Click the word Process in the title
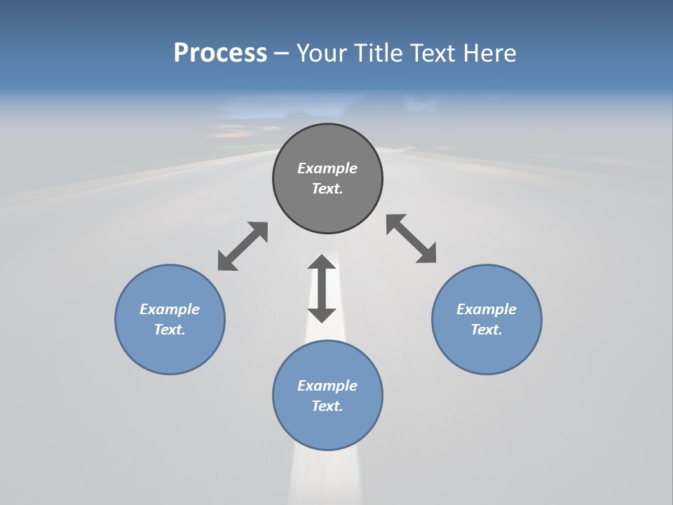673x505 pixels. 220,53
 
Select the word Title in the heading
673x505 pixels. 381,53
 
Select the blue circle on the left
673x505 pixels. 170,351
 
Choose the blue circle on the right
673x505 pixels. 487,351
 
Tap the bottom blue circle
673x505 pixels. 327,428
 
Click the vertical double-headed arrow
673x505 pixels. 322,288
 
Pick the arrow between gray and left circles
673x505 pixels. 243,246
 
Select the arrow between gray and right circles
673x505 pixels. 412,238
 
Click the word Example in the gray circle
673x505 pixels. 327,168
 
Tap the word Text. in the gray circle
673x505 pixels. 327,189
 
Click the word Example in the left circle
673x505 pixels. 170,309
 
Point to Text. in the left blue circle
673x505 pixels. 170,330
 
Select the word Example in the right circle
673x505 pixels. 487,309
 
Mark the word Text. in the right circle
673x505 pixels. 487,330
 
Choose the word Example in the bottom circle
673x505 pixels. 327,386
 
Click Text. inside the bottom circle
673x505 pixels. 327,406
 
